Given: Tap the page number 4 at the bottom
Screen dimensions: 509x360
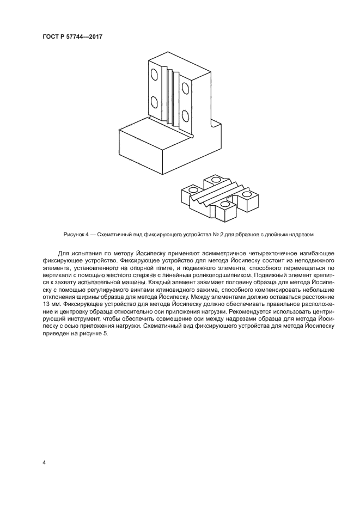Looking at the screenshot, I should click(x=44, y=463).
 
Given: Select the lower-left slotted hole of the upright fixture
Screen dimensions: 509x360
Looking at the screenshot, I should click(x=154, y=102).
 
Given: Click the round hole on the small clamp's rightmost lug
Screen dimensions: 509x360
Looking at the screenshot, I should click(x=247, y=193).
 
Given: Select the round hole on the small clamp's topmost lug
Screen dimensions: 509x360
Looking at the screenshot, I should click(x=216, y=179).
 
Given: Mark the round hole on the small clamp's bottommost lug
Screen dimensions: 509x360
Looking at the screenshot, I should click(x=225, y=204).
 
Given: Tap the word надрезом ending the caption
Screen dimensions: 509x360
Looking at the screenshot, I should click(x=303, y=234).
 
